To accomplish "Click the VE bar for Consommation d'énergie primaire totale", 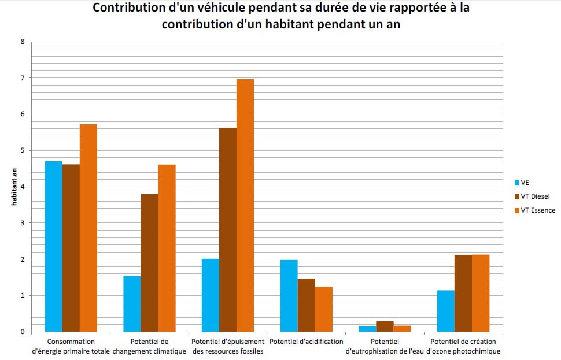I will coord(53,246).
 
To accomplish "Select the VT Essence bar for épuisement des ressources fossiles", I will coord(245,205).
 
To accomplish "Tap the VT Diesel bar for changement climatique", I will coord(149,263).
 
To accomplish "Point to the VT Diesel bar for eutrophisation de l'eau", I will coord(385,326).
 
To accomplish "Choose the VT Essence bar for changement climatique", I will coord(167,248).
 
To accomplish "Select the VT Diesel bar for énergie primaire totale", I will coord(71,248).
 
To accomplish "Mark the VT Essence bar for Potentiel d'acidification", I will coord(324,309).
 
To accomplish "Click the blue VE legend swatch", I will coord(516,183).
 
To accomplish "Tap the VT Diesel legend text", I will coord(536,196).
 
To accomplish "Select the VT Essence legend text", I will coord(538,210).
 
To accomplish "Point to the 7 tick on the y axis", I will coord(22,78).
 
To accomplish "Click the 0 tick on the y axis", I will coord(22,332).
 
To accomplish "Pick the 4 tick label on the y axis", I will coord(22,187).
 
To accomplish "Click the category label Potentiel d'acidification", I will coord(307,342).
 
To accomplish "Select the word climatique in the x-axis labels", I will coord(168,351).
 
